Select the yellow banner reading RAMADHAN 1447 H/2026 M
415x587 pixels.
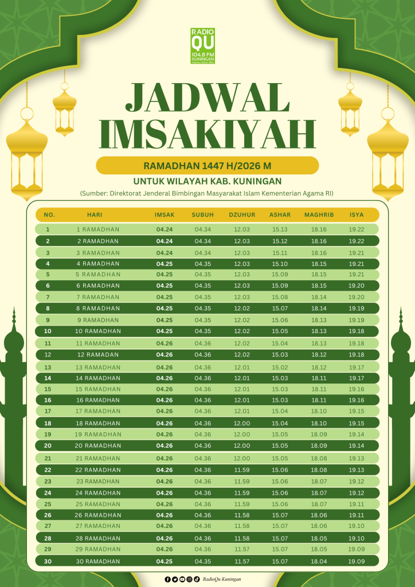click(207, 166)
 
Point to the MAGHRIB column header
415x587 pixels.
click(319, 215)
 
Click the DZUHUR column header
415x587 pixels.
click(242, 215)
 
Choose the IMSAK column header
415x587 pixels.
click(165, 215)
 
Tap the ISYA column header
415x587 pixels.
click(356, 215)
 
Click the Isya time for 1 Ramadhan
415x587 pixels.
click(357, 229)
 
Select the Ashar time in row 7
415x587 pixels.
click(280, 297)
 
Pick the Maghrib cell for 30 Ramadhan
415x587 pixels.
click(319, 561)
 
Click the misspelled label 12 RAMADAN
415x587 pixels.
click(99, 355)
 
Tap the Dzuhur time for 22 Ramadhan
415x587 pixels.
click(242, 470)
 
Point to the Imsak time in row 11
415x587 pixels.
click(165, 343)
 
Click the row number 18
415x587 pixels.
click(48, 423)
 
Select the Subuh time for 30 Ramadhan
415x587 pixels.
click(203, 561)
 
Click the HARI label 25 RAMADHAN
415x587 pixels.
click(99, 504)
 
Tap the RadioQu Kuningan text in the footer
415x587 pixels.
click(222, 580)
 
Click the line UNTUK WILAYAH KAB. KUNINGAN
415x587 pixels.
click(207, 181)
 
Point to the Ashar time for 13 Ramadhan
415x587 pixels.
click(280, 367)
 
